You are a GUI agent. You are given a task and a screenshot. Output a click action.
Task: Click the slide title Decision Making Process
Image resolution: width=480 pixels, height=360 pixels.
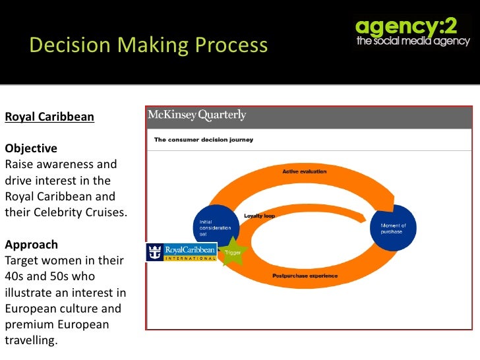148,45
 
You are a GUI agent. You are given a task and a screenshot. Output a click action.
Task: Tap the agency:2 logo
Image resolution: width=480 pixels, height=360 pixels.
413,32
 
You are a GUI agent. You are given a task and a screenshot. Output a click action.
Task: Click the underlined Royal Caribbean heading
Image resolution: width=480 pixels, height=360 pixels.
49,117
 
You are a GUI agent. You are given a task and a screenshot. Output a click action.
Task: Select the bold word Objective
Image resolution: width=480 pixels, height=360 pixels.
31,148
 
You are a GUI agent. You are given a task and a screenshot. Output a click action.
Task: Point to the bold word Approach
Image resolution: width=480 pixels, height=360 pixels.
31,244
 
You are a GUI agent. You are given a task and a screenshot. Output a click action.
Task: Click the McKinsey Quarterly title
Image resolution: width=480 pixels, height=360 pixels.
196,115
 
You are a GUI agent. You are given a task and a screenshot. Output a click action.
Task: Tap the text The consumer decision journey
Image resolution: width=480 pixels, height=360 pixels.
204,140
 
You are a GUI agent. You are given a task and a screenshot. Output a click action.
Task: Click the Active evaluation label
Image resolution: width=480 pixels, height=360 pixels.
304,171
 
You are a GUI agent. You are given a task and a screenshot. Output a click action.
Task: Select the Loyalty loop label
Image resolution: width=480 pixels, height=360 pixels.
259,216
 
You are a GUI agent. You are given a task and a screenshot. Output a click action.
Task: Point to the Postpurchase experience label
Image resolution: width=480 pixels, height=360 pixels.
305,276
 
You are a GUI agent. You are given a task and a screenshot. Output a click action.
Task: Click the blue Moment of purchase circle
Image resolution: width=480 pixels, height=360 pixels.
394,228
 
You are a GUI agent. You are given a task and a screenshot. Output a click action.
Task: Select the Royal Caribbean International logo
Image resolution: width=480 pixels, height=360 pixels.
181,252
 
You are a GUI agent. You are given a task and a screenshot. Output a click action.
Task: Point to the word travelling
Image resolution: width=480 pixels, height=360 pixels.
31,341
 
